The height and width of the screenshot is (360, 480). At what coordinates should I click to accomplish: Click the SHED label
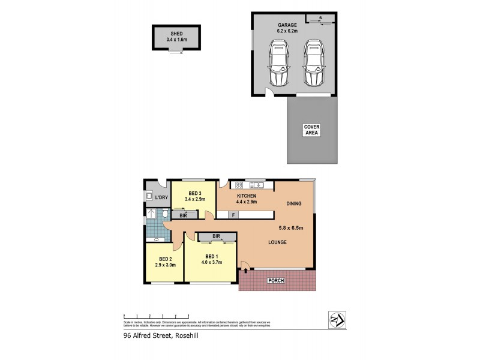tap(176, 34)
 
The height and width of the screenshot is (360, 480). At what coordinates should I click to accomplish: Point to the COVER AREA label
tap(311, 130)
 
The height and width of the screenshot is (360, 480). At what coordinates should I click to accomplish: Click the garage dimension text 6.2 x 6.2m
tap(287, 31)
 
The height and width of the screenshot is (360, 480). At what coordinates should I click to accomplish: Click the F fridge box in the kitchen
tap(233, 214)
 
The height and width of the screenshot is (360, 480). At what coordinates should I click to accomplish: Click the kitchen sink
tap(258, 185)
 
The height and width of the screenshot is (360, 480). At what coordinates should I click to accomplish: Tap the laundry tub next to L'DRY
tap(148, 195)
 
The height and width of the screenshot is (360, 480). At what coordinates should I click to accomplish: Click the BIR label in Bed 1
tap(215, 236)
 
